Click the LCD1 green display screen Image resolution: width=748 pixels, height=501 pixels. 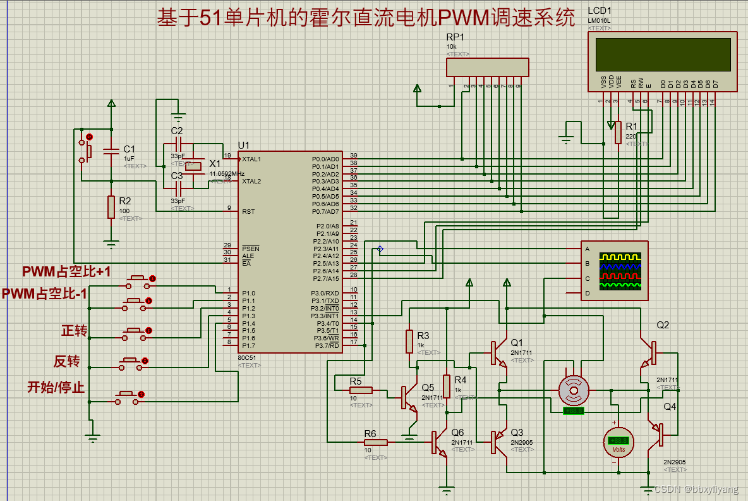[663, 54]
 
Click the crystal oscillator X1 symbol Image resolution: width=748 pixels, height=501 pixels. [193, 166]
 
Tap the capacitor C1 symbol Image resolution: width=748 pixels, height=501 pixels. [111, 151]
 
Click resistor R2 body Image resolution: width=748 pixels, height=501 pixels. [111, 207]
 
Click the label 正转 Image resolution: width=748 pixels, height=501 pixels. [74, 331]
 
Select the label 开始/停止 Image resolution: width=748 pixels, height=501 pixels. [56, 387]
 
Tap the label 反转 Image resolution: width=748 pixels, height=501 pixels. [66, 361]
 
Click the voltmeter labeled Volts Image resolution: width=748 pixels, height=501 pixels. [616, 441]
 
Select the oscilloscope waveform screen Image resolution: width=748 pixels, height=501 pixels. [620, 271]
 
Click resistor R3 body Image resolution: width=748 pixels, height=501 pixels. [409, 342]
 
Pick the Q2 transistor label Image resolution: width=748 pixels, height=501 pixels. [663, 325]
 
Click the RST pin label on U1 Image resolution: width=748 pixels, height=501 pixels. [248, 211]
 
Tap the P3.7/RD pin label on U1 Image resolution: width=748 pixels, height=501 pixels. [325, 345]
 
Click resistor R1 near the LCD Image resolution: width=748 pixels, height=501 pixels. [617, 133]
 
